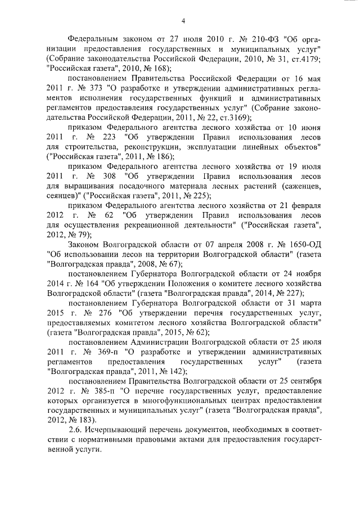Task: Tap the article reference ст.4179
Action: coord(307,59)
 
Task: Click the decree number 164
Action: coord(92,283)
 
